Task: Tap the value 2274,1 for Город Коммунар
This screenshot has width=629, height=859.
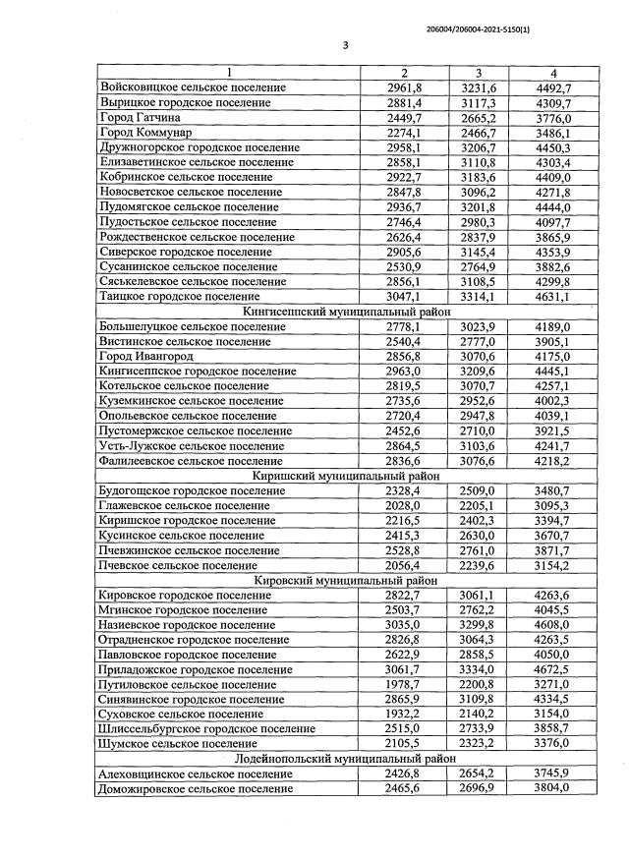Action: click(405, 133)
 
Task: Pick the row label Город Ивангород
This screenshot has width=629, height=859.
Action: click(145, 356)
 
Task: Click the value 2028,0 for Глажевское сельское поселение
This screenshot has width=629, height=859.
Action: click(405, 505)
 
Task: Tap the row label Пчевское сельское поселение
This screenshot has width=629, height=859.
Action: click(178, 565)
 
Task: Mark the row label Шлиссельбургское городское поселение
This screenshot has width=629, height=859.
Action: click(207, 728)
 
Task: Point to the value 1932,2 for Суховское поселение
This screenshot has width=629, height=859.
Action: click(405, 714)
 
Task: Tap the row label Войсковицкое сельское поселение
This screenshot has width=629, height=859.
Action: click(193, 88)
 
